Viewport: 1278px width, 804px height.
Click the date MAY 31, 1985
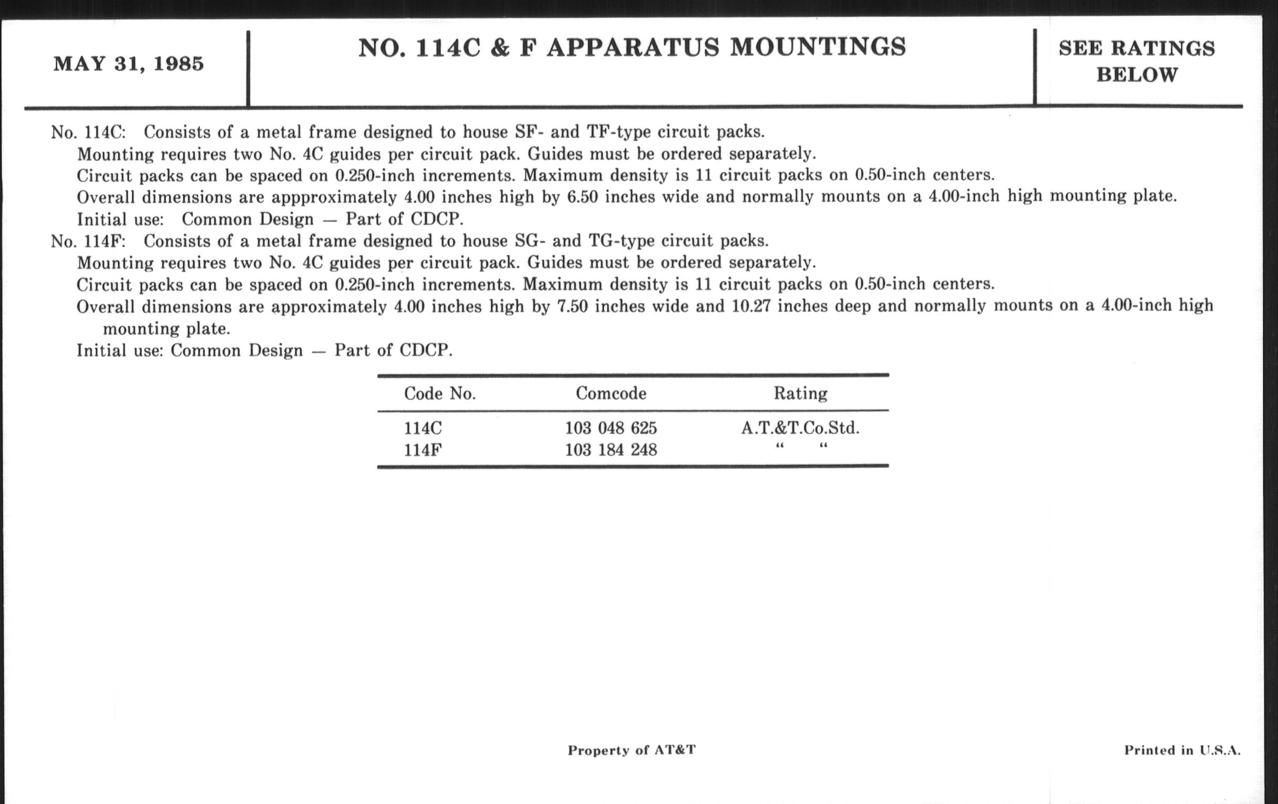coord(128,64)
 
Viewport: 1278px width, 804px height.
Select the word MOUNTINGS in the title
coord(818,47)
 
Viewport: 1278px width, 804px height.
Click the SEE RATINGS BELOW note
coord(1136,61)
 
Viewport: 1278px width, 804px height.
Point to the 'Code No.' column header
coord(439,394)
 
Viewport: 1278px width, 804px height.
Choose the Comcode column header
coord(611,394)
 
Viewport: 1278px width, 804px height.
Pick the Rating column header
coord(800,394)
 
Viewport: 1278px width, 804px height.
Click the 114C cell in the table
coord(422,428)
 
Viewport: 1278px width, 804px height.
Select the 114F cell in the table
coord(422,450)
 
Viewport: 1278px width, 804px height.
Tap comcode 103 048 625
coord(610,428)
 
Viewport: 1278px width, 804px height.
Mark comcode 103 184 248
coord(610,450)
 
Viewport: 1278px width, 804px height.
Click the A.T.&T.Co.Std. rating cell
coord(800,428)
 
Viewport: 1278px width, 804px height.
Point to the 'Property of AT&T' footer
coord(631,750)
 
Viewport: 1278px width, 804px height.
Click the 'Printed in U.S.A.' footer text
coord(1182,750)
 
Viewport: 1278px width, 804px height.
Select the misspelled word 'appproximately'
coord(334,198)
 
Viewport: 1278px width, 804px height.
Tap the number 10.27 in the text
coord(750,306)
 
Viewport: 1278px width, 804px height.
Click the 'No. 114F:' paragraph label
coord(88,242)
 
